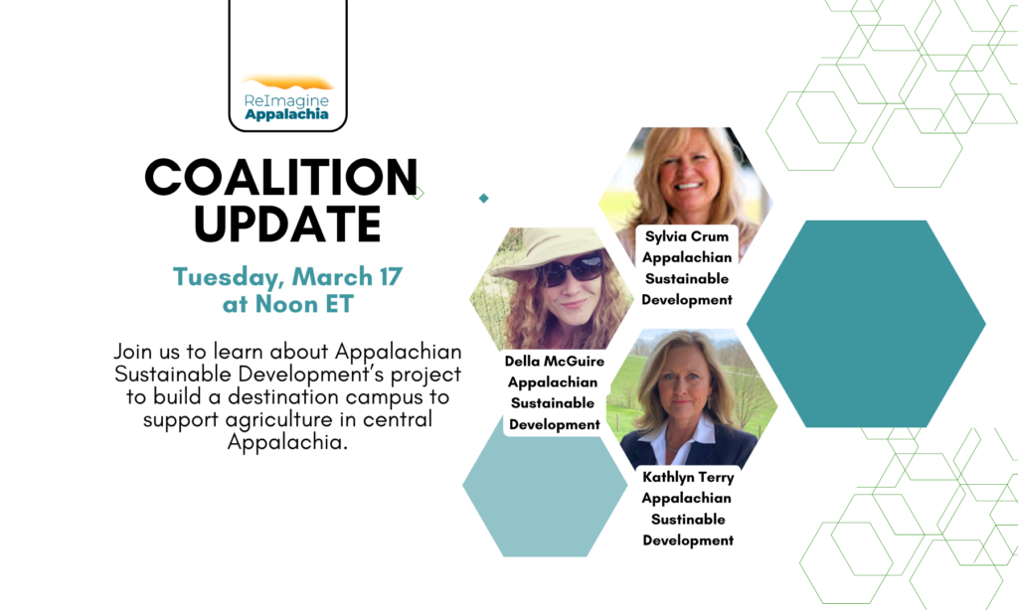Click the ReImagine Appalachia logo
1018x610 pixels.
tap(287, 98)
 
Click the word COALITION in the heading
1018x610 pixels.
tap(281, 177)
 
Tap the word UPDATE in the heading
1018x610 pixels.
tap(287, 225)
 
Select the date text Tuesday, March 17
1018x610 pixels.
tap(287, 277)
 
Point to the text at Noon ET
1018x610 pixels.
tap(287, 304)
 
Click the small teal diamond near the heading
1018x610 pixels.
tap(484, 198)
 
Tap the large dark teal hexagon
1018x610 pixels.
tap(866, 324)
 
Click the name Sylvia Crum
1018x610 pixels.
tap(687, 236)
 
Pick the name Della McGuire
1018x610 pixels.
tap(555, 361)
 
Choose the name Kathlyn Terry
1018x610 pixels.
tap(688, 477)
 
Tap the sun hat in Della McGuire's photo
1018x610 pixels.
tap(551, 249)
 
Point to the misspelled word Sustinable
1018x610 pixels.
tap(688, 520)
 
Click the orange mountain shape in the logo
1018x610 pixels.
tap(287, 82)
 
